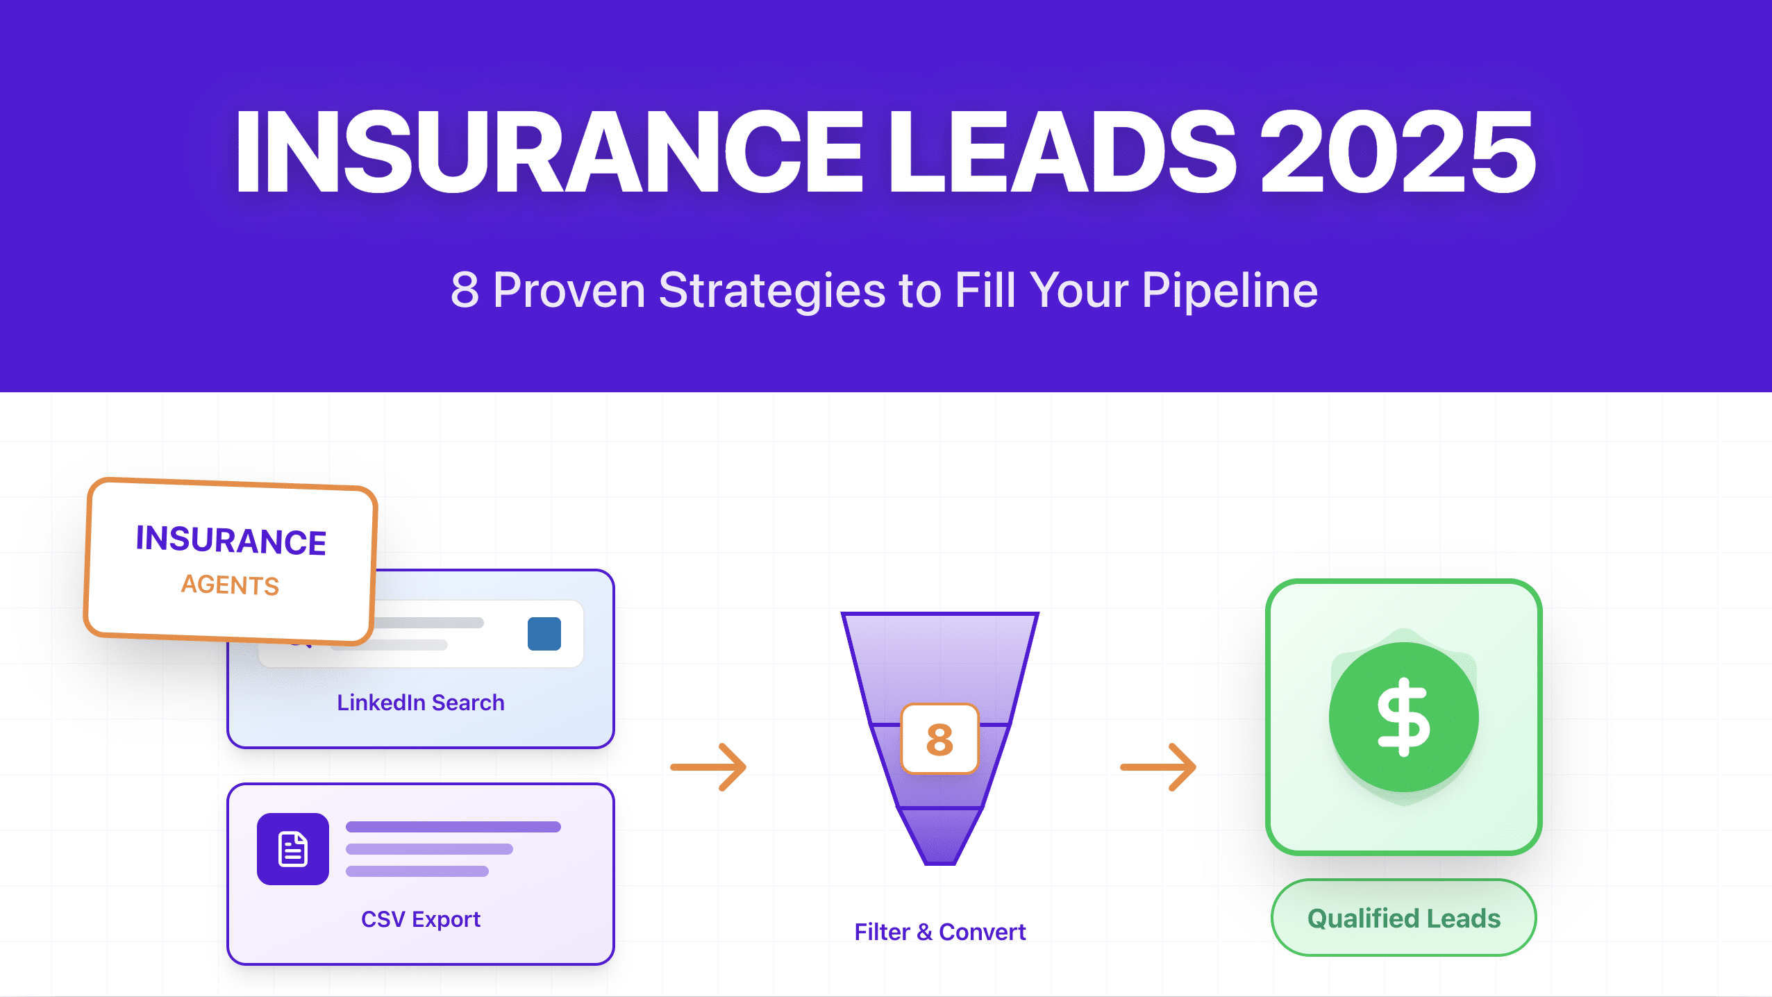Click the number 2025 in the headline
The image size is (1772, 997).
tap(1397, 151)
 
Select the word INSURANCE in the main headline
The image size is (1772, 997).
tap(549, 151)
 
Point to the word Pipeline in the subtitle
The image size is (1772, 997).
tap(1229, 290)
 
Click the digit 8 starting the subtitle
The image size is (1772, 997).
tap(465, 290)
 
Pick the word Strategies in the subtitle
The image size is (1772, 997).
tap(771, 290)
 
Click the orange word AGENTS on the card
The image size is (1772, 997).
tap(230, 585)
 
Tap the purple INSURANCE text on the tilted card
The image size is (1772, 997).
tap(231, 540)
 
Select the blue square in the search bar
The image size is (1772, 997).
tap(544, 634)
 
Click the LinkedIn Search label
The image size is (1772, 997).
tap(421, 703)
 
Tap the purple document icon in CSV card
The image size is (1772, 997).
tap(293, 849)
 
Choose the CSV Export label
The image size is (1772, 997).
tap(421, 919)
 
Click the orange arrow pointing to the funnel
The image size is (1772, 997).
tap(709, 767)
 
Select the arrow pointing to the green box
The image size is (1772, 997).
tap(1158, 767)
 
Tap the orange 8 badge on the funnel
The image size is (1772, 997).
tap(939, 739)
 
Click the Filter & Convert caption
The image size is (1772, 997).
tap(940, 932)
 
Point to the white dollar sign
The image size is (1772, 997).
tap(1404, 717)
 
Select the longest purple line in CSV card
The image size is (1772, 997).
tap(453, 827)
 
